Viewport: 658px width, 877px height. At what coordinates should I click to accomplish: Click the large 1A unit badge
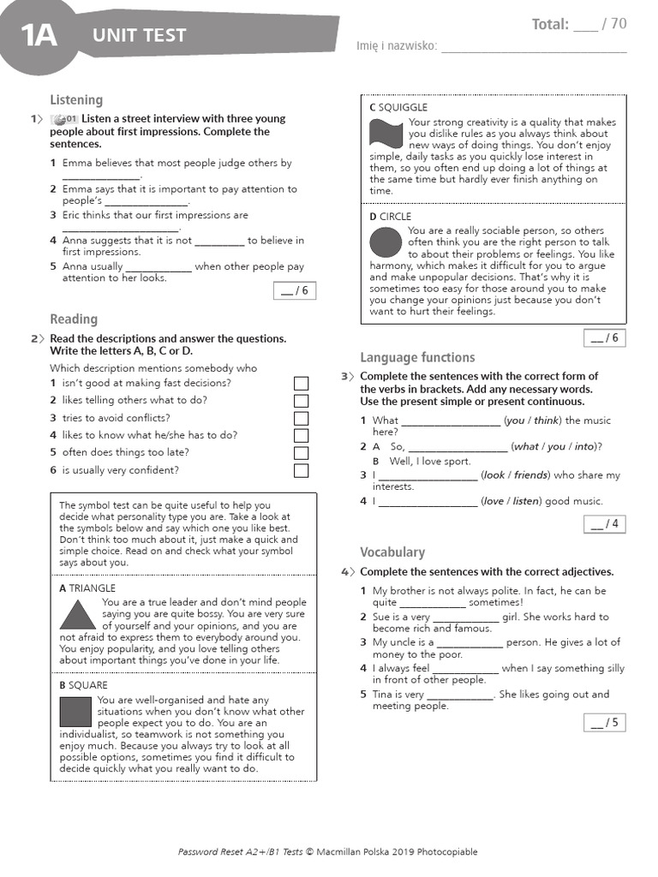[x=39, y=36]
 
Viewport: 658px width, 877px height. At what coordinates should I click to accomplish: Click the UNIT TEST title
[x=139, y=35]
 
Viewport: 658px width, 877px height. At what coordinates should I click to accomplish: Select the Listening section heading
[x=76, y=100]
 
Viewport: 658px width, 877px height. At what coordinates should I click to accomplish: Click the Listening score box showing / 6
[x=293, y=291]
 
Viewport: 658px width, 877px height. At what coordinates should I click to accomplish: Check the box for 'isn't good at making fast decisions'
[x=301, y=384]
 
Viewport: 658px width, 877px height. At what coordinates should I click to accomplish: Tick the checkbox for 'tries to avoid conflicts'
[x=301, y=419]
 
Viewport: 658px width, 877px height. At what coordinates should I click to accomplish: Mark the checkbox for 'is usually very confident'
[x=301, y=471]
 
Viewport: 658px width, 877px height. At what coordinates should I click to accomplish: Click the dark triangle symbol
[x=77, y=615]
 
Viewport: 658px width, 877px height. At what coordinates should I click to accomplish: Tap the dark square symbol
[x=75, y=711]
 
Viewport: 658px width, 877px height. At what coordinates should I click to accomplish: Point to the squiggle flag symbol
[x=386, y=134]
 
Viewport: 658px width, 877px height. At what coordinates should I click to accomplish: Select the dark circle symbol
[x=386, y=243]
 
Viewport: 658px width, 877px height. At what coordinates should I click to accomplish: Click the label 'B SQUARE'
[x=83, y=685]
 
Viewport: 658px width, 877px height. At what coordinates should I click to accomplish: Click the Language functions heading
[x=417, y=358]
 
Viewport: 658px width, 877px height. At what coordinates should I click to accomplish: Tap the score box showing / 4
[x=604, y=524]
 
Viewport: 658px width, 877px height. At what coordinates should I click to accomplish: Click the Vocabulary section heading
[x=392, y=552]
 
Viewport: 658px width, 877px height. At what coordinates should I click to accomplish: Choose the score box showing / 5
[x=604, y=723]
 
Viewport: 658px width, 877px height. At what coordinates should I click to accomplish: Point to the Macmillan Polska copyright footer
[x=328, y=851]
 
